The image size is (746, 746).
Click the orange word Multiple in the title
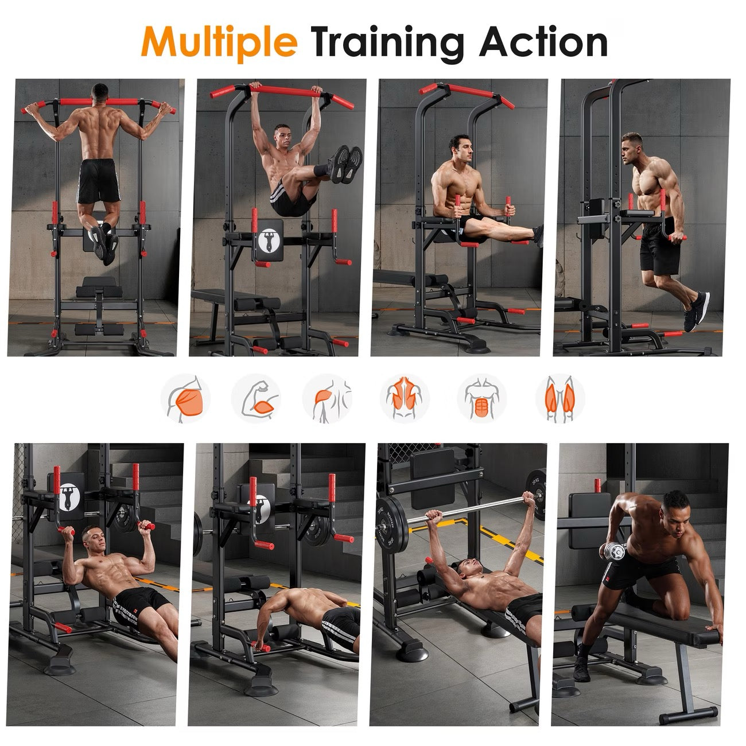tap(219, 42)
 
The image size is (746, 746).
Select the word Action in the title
tap(543, 42)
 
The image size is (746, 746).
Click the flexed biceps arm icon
tap(256, 398)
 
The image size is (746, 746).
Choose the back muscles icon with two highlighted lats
tap(404, 398)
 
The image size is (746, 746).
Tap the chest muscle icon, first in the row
tap(185, 398)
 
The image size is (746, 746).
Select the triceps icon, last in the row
tap(559, 398)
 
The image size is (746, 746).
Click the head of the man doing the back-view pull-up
tap(100, 92)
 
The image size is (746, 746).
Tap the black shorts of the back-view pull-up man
tap(98, 180)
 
